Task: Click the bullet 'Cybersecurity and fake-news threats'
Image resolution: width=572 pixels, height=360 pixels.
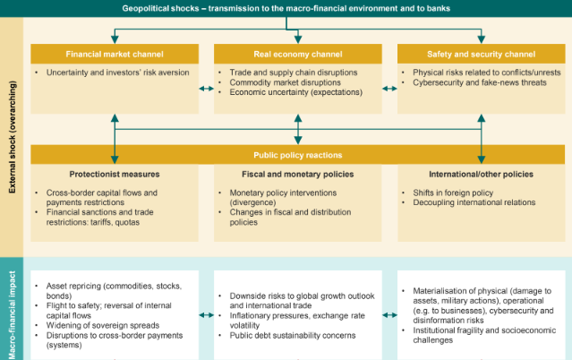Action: pyautogui.click(x=481, y=81)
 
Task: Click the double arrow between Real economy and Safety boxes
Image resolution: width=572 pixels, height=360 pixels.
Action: pyautogui.click(x=388, y=88)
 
